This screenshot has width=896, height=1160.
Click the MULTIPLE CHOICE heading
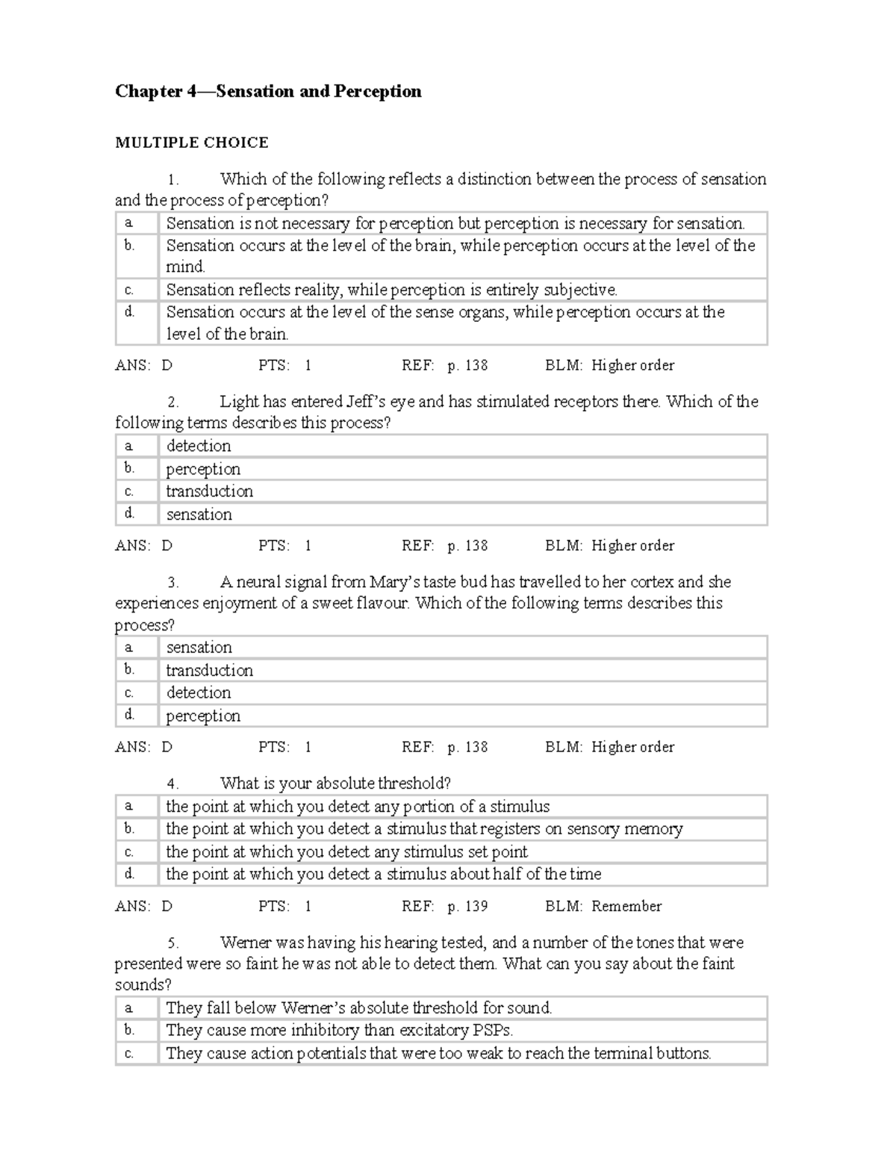point(191,143)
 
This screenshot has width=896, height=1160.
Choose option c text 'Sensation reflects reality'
point(391,290)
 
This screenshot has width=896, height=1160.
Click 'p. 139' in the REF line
point(467,906)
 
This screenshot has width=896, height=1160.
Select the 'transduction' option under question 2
point(209,491)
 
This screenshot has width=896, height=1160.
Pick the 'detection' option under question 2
point(199,446)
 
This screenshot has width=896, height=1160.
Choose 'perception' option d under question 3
point(203,716)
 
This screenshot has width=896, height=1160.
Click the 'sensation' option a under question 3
point(199,648)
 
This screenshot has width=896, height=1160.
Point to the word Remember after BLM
point(626,906)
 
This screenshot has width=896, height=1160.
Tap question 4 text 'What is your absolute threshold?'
point(335,784)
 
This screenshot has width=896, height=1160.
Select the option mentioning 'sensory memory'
point(424,829)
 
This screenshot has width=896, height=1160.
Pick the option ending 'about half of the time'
point(383,874)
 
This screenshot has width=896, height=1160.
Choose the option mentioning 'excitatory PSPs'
point(339,1031)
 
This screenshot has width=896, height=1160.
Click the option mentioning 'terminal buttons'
point(438,1054)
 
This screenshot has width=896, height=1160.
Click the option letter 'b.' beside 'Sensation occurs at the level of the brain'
point(129,246)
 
